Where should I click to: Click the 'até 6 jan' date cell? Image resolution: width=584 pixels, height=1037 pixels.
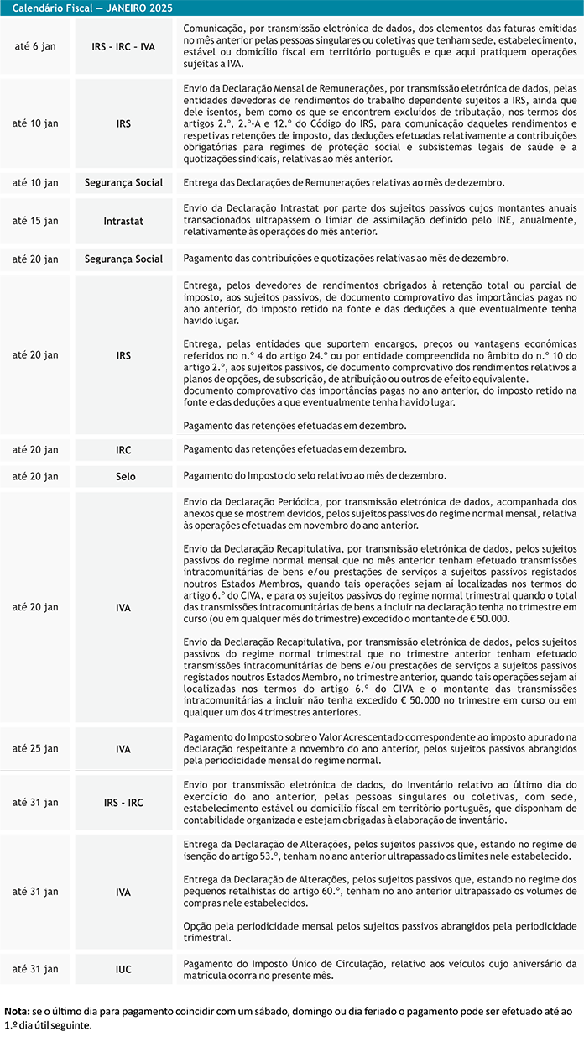(35, 46)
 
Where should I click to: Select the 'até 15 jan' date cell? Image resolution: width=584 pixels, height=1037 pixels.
(35, 221)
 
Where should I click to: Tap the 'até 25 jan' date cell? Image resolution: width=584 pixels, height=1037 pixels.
(35, 748)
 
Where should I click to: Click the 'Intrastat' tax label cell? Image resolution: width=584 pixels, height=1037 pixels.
(123, 221)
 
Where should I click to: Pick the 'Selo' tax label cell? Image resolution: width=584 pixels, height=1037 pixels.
(123, 476)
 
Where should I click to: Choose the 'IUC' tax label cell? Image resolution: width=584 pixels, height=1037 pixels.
(123, 969)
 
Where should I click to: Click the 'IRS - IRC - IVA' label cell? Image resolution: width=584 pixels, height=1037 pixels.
(123, 46)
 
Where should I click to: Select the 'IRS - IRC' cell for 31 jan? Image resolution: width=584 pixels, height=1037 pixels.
(123, 802)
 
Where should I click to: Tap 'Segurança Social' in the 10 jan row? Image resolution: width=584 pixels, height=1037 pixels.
(123, 182)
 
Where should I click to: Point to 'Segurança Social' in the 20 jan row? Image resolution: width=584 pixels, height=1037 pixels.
(123, 259)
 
